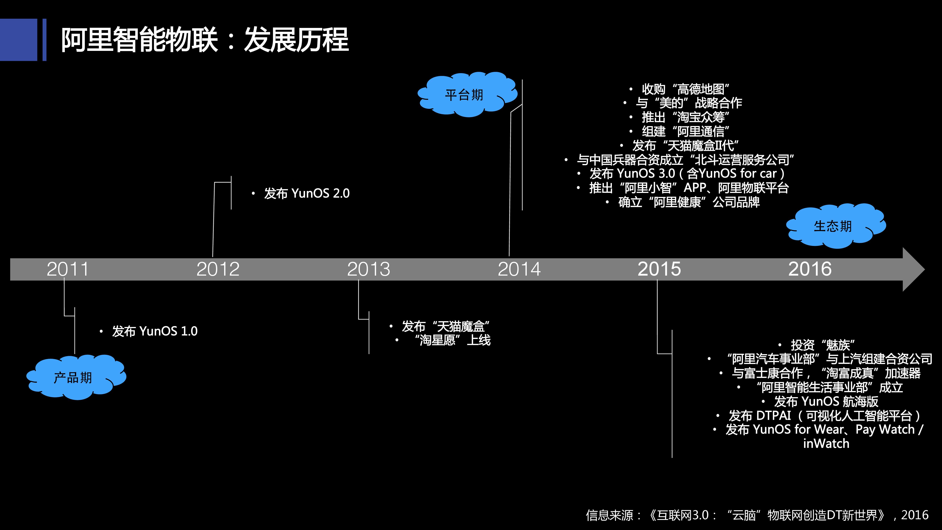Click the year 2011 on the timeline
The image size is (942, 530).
click(x=68, y=269)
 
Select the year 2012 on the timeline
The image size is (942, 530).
click(x=218, y=269)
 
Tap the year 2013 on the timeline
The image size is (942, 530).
click(x=369, y=269)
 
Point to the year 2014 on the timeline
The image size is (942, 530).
click(x=519, y=269)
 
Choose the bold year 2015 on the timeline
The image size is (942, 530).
click(x=659, y=269)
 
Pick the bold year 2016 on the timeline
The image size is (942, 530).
click(x=810, y=269)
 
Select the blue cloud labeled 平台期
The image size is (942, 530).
click(x=467, y=94)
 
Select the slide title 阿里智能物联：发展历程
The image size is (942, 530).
click(x=205, y=40)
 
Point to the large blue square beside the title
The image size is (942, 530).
click(x=19, y=40)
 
